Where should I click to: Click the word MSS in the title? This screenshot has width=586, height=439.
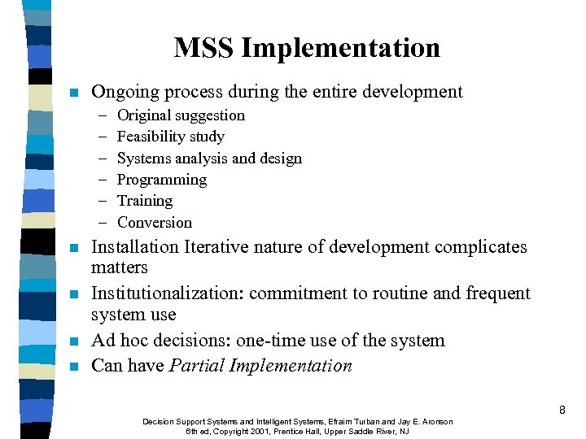click(x=204, y=48)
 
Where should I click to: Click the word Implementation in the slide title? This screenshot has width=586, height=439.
click(x=341, y=49)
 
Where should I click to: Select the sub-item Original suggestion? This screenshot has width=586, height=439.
click(x=181, y=115)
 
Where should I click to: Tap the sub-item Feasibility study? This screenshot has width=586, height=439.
click(x=170, y=137)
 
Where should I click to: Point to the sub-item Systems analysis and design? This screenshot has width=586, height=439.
click(x=209, y=159)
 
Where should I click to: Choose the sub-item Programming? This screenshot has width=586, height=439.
click(x=162, y=180)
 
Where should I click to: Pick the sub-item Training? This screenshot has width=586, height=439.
click(x=145, y=201)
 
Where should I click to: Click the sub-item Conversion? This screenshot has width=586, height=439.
click(x=155, y=223)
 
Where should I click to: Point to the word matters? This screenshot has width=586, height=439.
click(x=120, y=267)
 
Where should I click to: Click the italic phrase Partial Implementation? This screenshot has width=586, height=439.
click(x=260, y=366)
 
